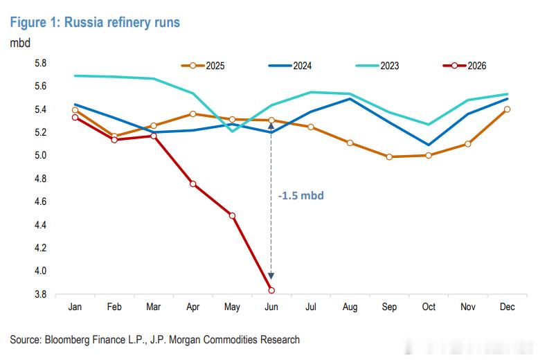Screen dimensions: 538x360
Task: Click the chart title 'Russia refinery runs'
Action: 122,22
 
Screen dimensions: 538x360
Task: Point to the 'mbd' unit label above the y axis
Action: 20,43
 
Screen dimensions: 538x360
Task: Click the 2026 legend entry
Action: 465,66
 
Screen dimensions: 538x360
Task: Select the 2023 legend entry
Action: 377,66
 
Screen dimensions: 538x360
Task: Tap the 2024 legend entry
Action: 290,66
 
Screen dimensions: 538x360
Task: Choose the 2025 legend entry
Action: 203,66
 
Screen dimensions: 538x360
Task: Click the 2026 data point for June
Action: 271,290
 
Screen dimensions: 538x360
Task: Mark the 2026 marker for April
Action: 192,184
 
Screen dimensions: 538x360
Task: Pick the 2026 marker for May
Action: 232,215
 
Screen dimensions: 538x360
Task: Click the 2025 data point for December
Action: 507,109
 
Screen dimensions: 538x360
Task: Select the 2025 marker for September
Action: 389,157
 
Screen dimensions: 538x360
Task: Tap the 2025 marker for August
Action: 350,143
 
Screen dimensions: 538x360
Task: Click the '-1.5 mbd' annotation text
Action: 301,196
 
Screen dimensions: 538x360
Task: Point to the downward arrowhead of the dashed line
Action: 271,276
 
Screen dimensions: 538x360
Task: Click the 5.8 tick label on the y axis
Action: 40,63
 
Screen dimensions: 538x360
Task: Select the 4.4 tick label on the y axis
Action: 40,225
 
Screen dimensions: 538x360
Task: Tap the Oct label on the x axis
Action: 429,307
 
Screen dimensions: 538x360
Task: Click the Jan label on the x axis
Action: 75,307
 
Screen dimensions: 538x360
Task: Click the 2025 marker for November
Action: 467,144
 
